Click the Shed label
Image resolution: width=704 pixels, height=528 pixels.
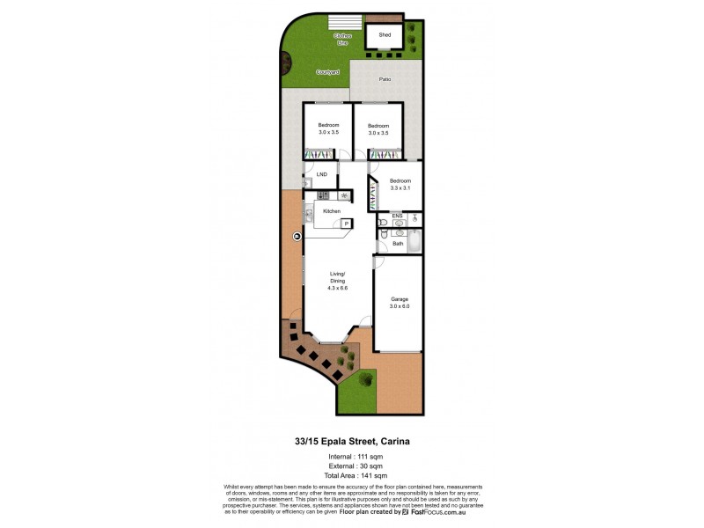(385, 35)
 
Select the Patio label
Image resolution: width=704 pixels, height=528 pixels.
(385, 80)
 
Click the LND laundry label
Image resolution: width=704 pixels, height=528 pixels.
(321, 174)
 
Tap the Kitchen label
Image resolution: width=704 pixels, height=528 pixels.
(332, 211)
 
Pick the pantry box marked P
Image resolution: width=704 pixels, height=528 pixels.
(347, 224)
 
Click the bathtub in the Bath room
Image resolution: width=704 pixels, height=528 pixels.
(414, 240)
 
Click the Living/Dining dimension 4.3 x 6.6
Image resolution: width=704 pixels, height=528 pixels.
(338, 288)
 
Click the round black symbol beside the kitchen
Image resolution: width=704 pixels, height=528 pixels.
(297, 236)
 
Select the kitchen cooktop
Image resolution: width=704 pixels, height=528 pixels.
(344, 195)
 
